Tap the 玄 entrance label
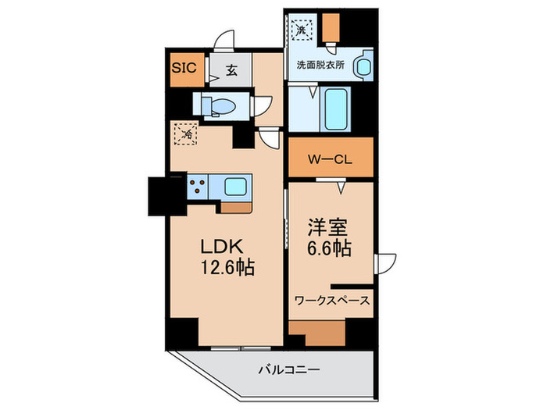(232, 69)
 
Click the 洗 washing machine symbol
(302, 30)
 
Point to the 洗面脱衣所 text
(321, 66)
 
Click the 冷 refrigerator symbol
(187, 134)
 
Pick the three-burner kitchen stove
(198, 187)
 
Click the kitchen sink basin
(236, 186)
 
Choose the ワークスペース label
(332, 300)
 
